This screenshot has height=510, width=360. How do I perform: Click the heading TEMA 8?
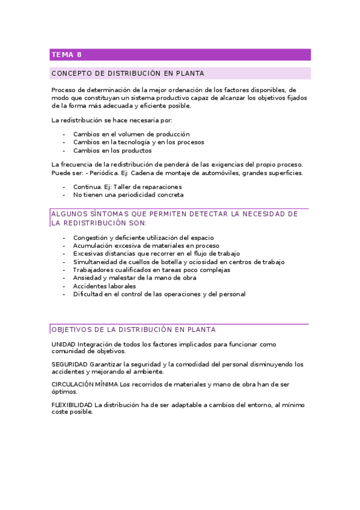(x=67, y=55)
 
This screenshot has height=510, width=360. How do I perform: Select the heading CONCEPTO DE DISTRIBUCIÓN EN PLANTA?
(x=128, y=74)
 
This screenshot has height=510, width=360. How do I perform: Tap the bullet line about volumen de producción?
(x=131, y=134)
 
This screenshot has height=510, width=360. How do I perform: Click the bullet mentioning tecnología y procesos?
(x=138, y=143)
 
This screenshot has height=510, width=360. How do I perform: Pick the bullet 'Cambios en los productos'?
(x=112, y=151)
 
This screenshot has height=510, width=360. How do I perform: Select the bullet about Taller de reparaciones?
(x=127, y=186)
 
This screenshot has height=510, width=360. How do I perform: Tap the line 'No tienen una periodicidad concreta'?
(x=129, y=195)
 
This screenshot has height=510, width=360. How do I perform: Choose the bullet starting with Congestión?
(x=143, y=238)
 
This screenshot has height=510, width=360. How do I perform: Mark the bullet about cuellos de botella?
(x=179, y=262)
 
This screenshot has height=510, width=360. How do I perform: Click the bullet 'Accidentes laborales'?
(x=105, y=286)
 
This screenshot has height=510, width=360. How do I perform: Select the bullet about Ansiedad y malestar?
(x=143, y=278)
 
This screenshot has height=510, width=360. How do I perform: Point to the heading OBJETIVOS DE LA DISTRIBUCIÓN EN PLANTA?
(x=133, y=330)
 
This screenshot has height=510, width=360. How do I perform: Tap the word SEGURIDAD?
(x=70, y=364)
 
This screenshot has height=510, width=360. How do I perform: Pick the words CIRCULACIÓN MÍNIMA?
(x=85, y=384)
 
